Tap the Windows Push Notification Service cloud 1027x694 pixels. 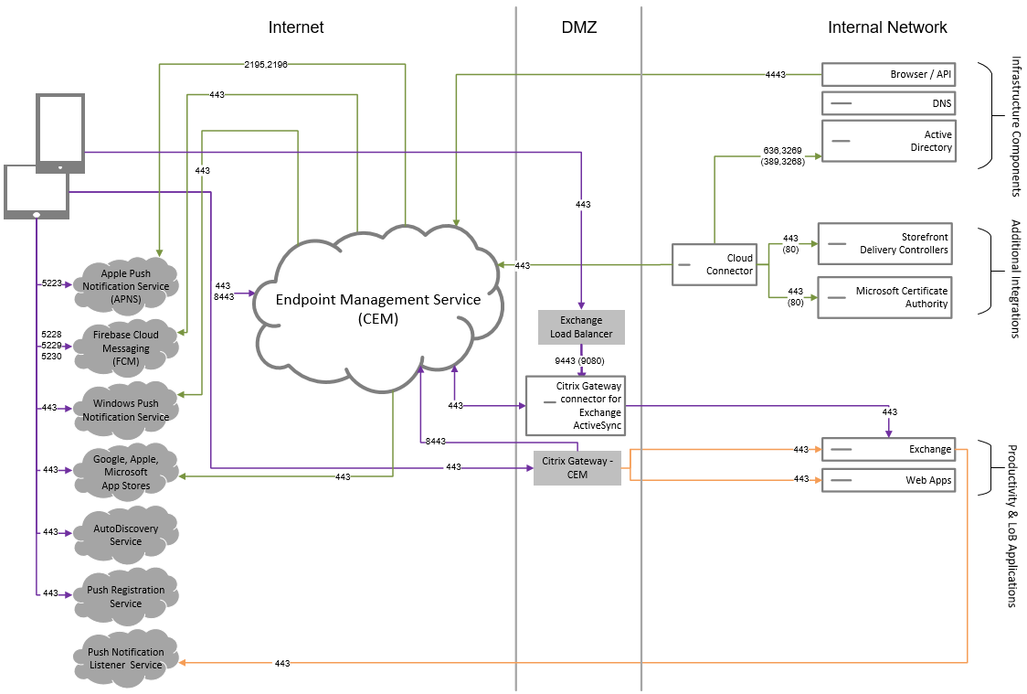tap(126, 410)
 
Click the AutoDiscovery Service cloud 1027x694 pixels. tap(126, 534)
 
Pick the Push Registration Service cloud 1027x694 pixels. tap(126, 596)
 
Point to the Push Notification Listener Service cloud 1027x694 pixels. tap(126, 657)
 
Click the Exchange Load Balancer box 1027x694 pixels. tap(581, 327)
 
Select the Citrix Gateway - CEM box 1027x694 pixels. tap(577, 467)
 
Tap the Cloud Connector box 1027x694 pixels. tap(715, 265)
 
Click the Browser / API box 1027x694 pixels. tap(889, 75)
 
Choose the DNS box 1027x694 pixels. tap(889, 103)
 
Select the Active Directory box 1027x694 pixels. tap(889, 141)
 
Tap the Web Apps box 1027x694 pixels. tap(889, 479)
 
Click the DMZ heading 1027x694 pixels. tap(578, 27)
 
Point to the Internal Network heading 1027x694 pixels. tap(887, 27)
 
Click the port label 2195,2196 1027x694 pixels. tap(266, 64)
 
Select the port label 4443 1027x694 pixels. tap(775, 75)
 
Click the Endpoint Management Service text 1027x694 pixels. tap(377, 299)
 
